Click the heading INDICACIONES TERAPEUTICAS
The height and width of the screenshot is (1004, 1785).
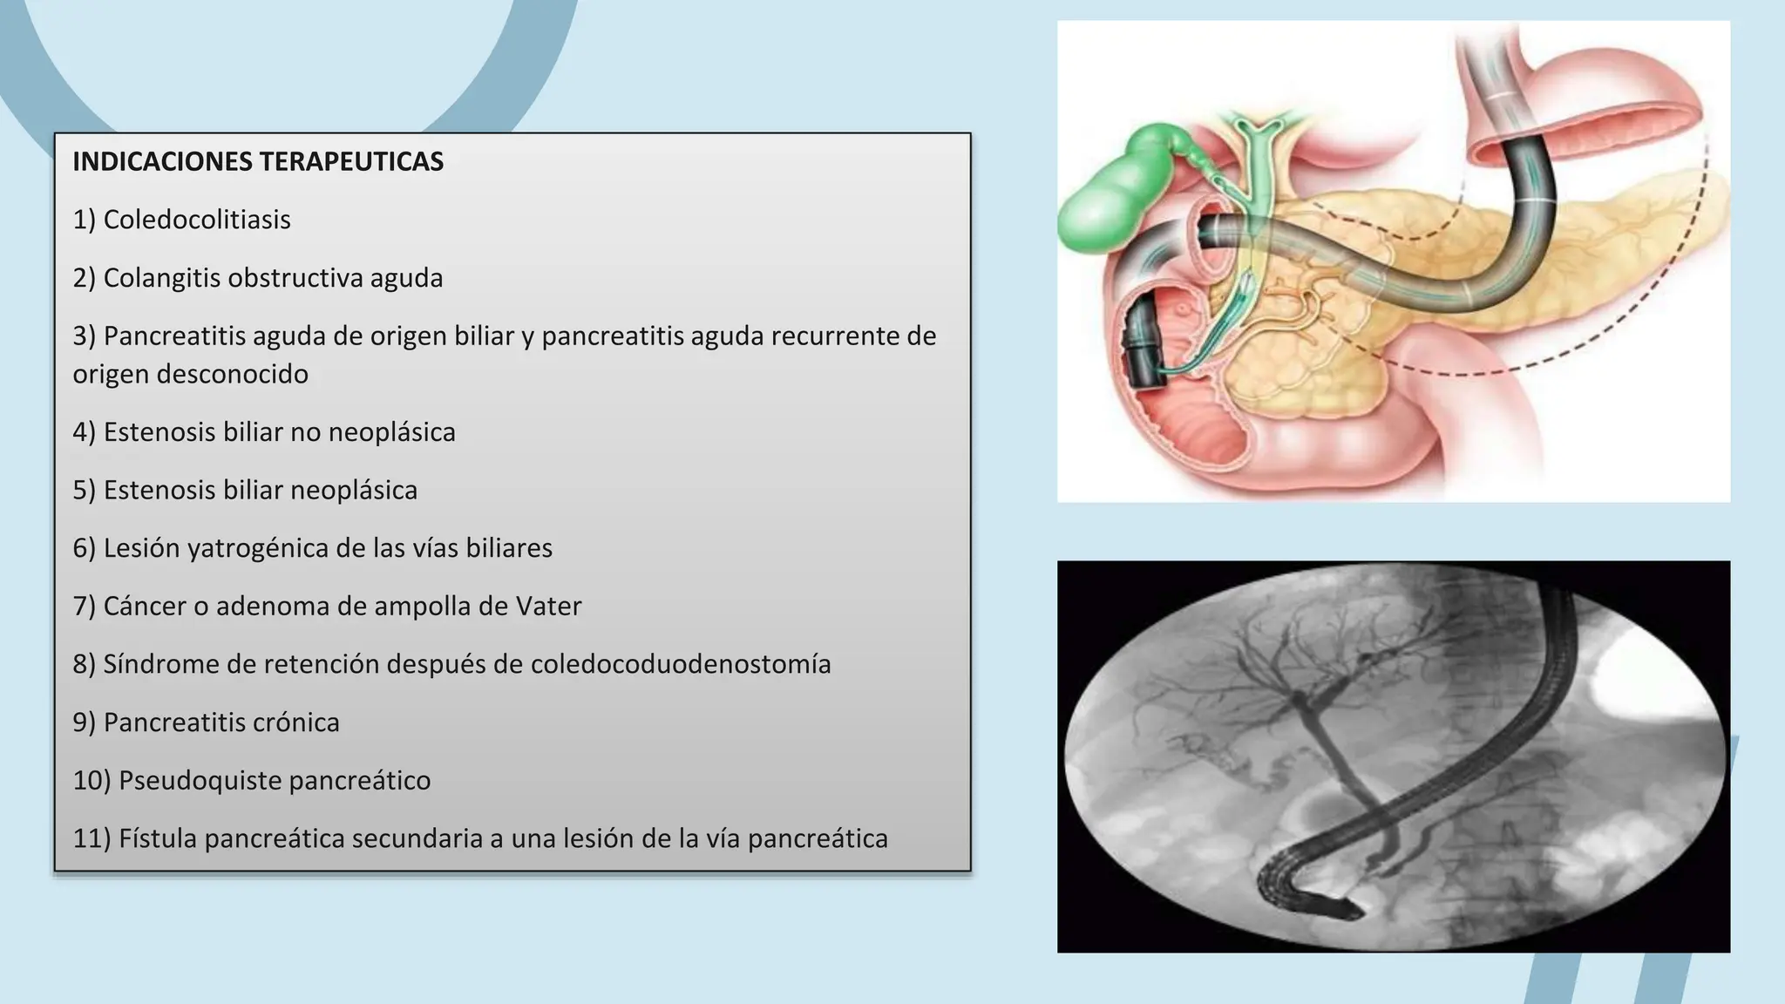click(x=258, y=161)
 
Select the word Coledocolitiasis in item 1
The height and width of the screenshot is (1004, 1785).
click(x=197, y=220)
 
